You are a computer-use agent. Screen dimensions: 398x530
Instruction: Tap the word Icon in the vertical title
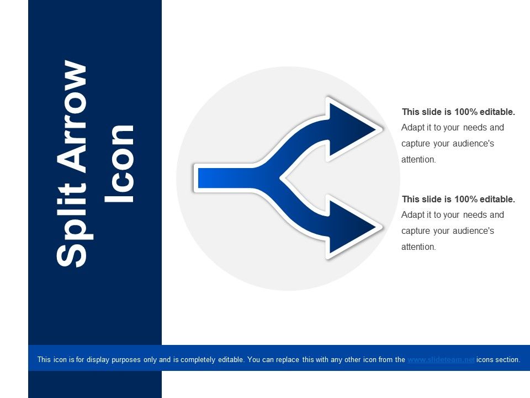(120, 163)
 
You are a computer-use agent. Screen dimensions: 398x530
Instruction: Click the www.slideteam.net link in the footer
(441, 359)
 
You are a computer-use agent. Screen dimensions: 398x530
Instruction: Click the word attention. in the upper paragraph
(419, 160)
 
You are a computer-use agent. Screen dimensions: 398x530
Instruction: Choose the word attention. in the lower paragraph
(419, 247)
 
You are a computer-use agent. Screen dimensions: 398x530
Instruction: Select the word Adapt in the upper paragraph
(413, 128)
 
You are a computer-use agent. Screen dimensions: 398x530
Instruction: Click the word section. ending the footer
(507, 359)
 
